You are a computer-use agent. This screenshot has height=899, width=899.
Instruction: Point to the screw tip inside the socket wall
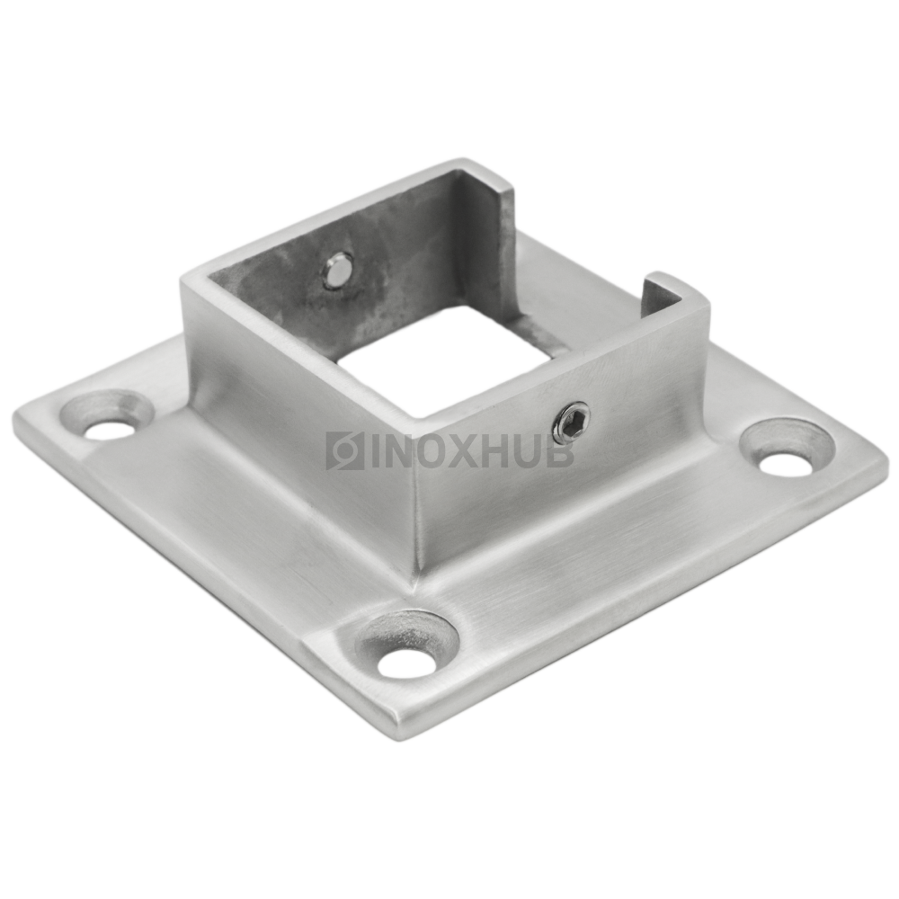pyautogui.click(x=337, y=270)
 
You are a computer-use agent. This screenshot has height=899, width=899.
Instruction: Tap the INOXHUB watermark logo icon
pyautogui.click(x=344, y=450)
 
